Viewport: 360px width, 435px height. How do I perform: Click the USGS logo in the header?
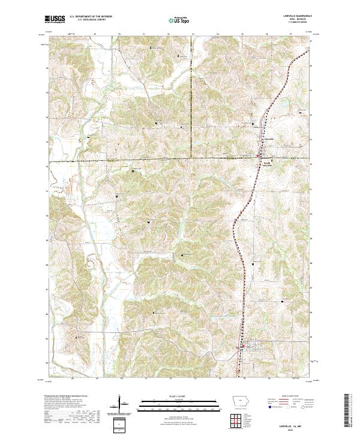pos(55,19)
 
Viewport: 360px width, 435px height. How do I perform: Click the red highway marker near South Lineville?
pos(258,155)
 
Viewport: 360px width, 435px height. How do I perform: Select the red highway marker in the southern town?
pos(242,347)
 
